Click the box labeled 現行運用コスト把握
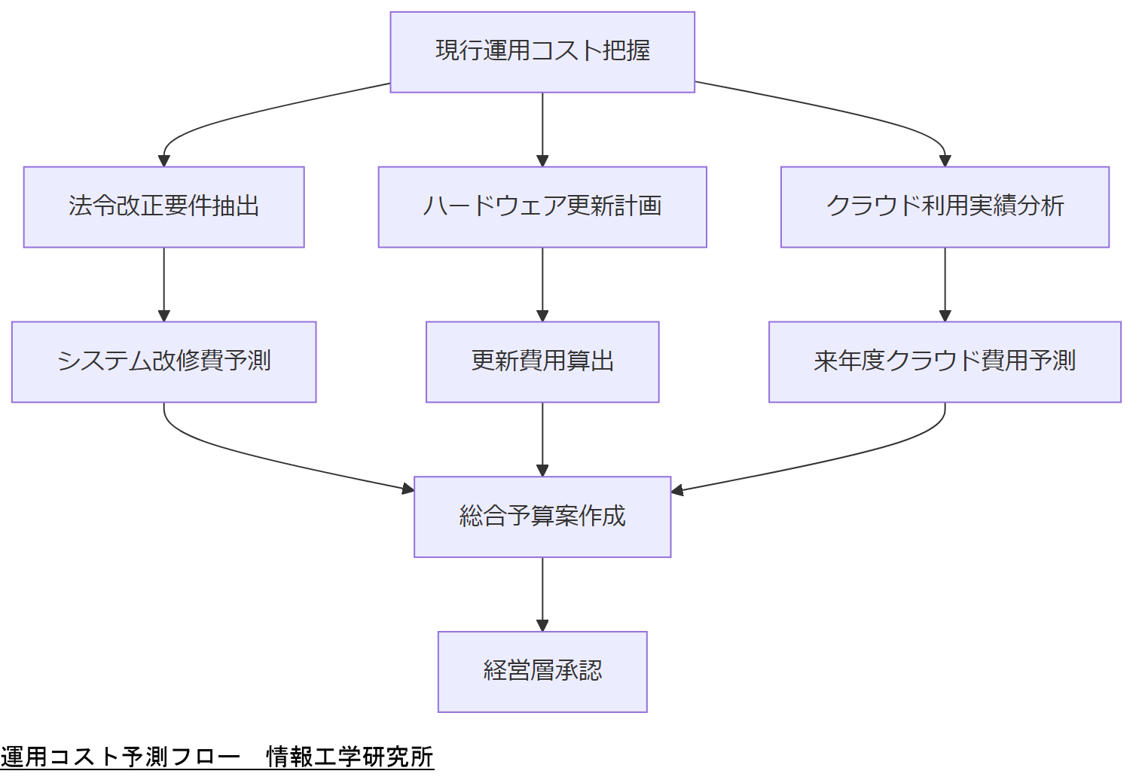(542, 52)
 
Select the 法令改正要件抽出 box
(163, 207)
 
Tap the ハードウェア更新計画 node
(542, 207)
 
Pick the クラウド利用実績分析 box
(945, 207)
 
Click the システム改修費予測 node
(163, 362)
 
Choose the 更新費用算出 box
(542, 362)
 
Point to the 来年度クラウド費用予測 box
(945, 362)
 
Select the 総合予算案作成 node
(542, 517)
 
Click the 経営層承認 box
(542, 672)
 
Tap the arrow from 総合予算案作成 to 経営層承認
(542, 595)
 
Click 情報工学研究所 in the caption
(350, 757)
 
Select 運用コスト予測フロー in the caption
(121, 757)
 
